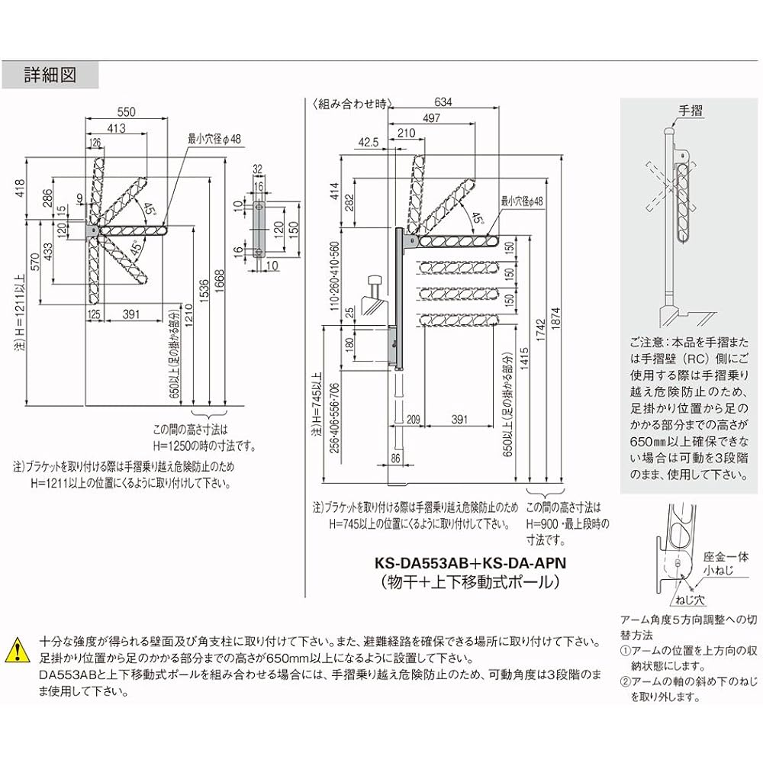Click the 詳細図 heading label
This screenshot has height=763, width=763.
pyautogui.click(x=50, y=76)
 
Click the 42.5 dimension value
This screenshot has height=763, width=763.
pyautogui.click(x=367, y=143)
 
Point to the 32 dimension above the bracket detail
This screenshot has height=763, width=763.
pyautogui.click(x=256, y=169)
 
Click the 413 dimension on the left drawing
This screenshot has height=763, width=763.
pyautogui.click(x=116, y=129)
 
